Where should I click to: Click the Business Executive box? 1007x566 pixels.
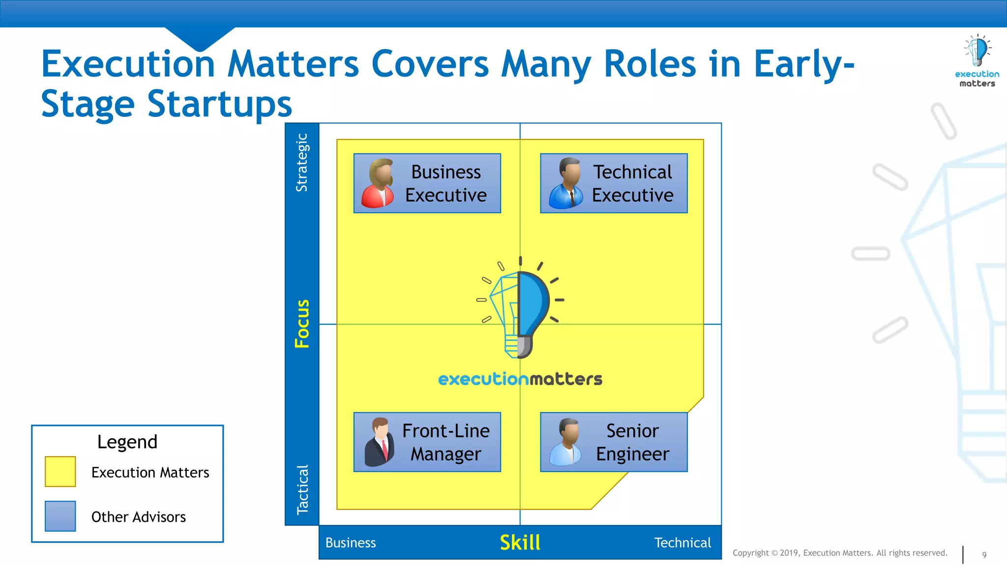pyautogui.click(x=427, y=183)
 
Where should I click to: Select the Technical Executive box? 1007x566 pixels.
pyautogui.click(x=614, y=183)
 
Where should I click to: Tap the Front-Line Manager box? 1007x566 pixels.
pyautogui.click(x=427, y=442)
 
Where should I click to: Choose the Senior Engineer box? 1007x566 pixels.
pyautogui.click(x=614, y=442)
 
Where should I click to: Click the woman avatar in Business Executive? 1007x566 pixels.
pyautogui.click(x=378, y=183)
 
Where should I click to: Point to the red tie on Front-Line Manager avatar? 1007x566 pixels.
pyautogui.click(x=385, y=448)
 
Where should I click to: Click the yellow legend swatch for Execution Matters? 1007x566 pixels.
pyautogui.click(x=60, y=472)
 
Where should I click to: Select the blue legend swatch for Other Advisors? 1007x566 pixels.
pyautogui.click(x=60, y=516)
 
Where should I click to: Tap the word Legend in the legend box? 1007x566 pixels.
pyautogui.click(x=127, y=442)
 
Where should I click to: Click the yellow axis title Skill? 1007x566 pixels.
pyautogui.click(x=520, y=542)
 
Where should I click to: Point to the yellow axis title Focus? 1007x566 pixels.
pyautogui.click(x=302, y=324)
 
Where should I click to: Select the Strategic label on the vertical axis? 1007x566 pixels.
pyautogui.click(x=302, y=163)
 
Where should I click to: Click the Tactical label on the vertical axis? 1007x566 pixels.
pyautogui.click(x=302, y=489)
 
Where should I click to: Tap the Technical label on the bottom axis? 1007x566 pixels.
pyautogui.click(x=682, y=542)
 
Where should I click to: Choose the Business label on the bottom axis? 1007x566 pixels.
pyautogui.click(x=351, y=542)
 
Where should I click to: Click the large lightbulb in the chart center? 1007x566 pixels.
pyautogui.click(x=520, y=310)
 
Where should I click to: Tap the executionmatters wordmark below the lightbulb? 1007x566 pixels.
pyautogui.click(x=520, y=379)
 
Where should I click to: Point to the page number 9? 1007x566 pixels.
pyautogui.click(x=984, y=555)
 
